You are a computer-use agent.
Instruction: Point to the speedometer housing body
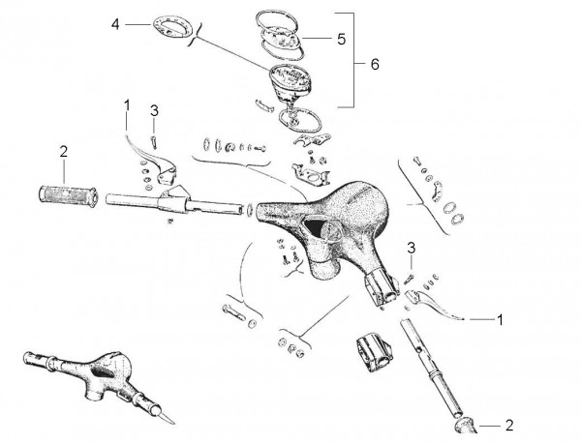pos(289,82)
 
